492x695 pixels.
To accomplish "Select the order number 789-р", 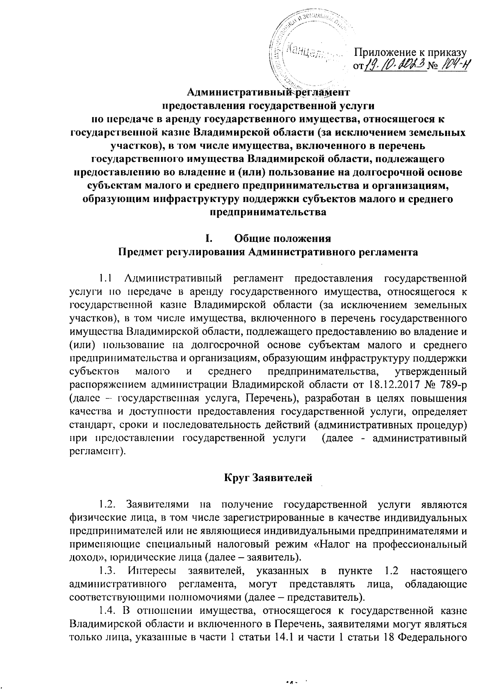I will [x=451, y=386].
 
